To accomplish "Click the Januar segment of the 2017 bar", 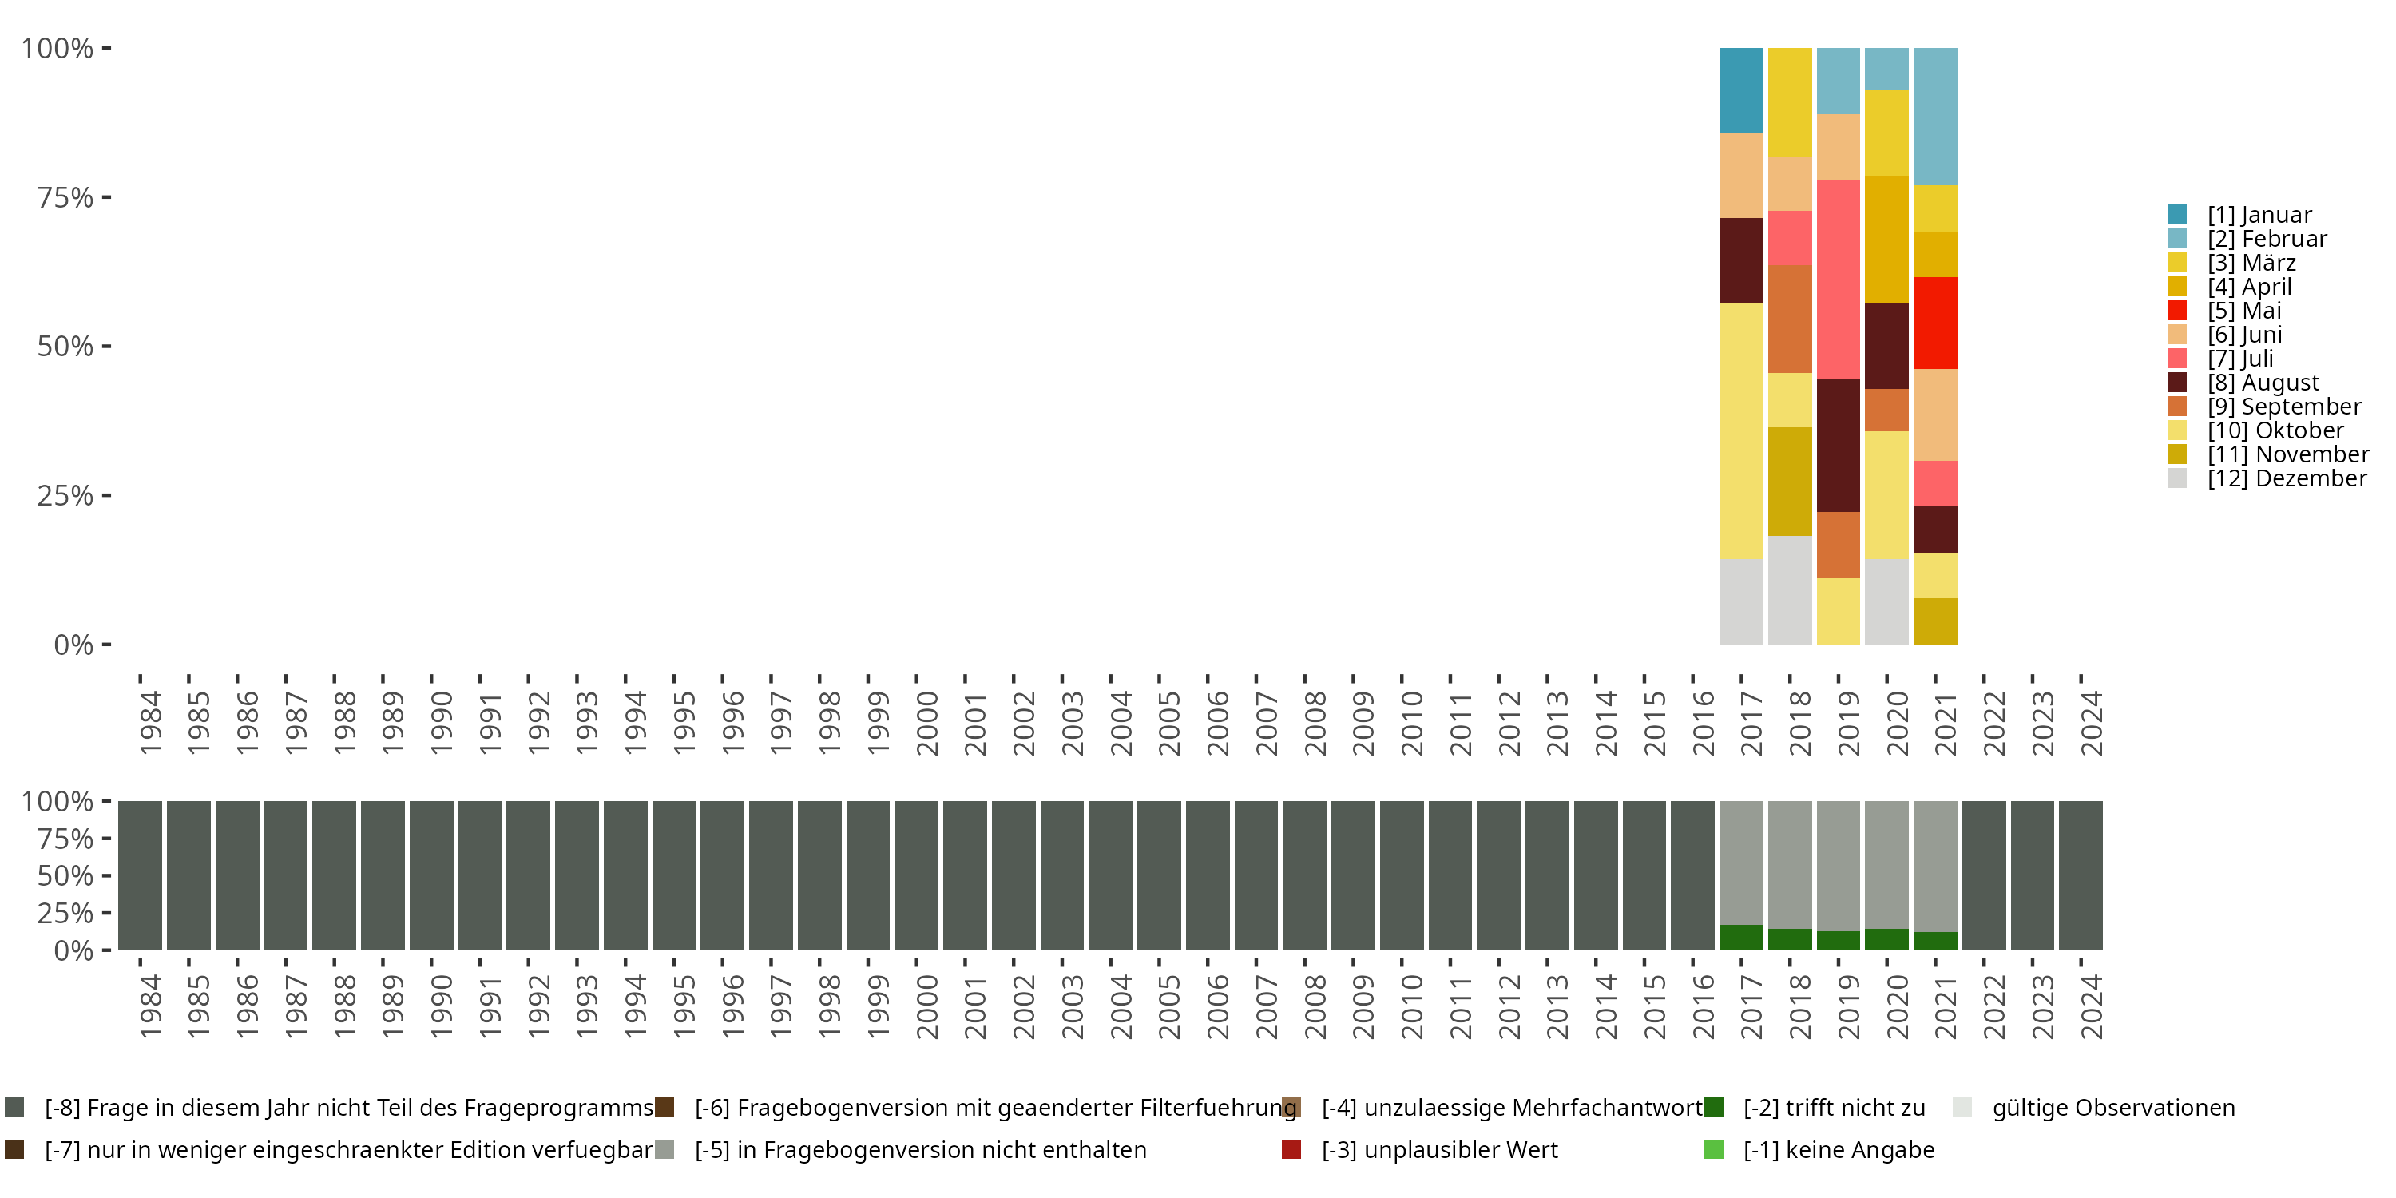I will tap(1740, 90).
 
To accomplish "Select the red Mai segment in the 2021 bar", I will tap(1934, 323).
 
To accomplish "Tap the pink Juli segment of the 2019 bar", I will tap(1838, 279).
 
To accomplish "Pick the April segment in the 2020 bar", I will tap(1886, 239).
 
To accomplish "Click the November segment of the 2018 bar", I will tap(1790, 481).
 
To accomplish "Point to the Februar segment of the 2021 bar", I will tap(1934, 117).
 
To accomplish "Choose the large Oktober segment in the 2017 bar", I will tap(1740, 430).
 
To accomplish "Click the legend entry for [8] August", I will tap(2262, 383).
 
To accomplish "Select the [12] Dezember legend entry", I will tap(2287, 478).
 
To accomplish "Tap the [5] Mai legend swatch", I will tap(2177, 311).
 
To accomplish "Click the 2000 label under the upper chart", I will tap(926, 723).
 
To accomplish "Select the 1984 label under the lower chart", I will tap(151, 1006).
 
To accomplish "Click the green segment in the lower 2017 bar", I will tap(1740, 937).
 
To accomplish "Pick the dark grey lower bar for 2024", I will tap(2080, 875).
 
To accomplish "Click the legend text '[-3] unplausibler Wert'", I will tap(1439, 1149).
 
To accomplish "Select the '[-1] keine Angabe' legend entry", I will tap(1838, 1149).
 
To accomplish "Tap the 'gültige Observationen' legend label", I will tap(2112, 1108).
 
